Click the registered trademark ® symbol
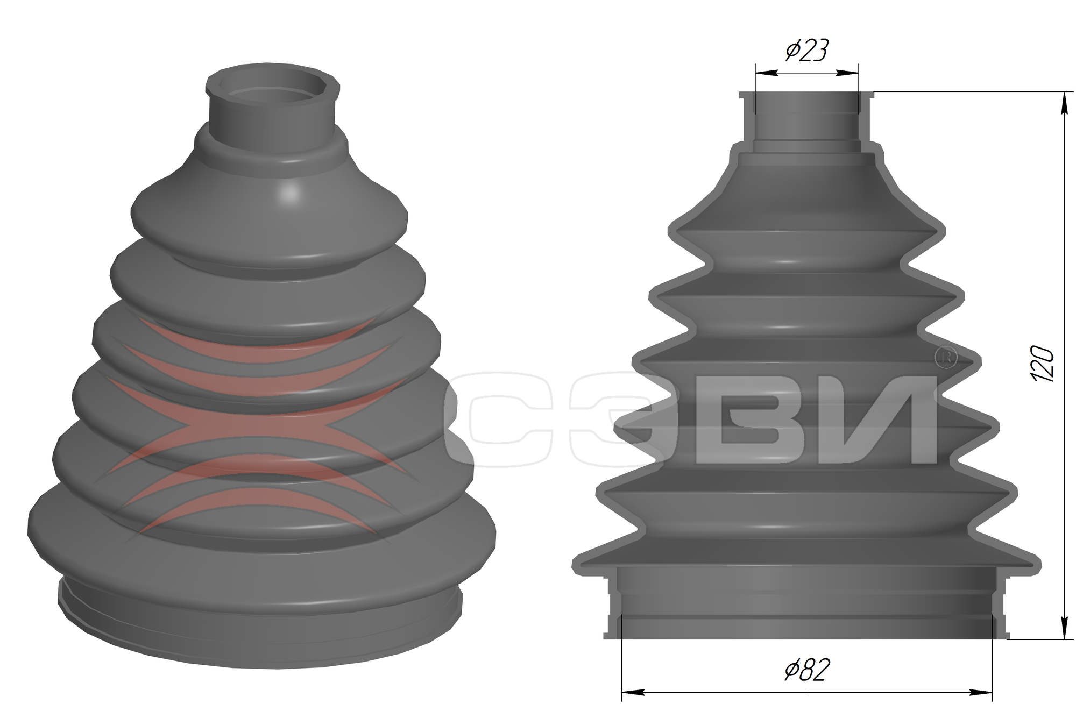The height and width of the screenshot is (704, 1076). pos(946,357)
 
